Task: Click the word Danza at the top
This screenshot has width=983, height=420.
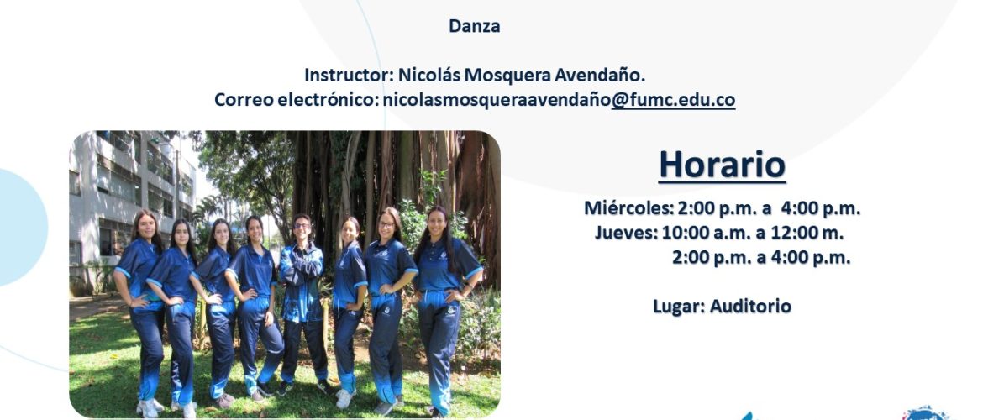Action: (x=474, y=26)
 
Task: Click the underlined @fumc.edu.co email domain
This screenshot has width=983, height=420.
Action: (x=673, y=100)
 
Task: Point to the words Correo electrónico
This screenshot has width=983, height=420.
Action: (x=298, y=100)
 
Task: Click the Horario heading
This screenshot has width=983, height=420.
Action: (x=722, y=165)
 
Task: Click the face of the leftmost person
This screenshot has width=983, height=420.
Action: (x=145, y=227)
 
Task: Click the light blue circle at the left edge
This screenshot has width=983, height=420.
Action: (x=24, y=227)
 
